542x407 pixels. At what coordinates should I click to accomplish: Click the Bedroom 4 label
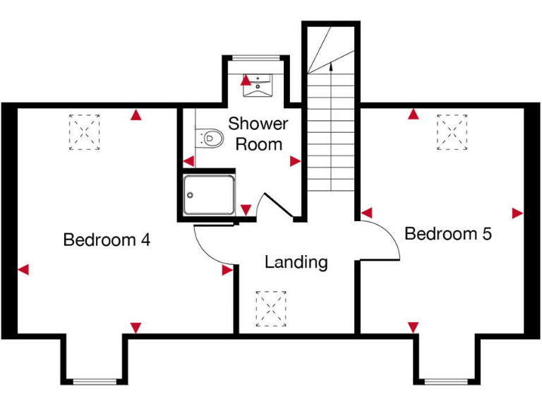pyautogui.click(x=107, y=240)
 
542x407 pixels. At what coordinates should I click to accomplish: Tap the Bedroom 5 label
pyautogui.click(x=448, y=233)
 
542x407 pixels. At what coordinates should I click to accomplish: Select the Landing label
pyautogui.click(x=296, y=262)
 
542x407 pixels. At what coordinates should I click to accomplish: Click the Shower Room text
pyautogui.click(x=259, y=134)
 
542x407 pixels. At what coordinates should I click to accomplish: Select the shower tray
pyautogui.click(x=208, y=195)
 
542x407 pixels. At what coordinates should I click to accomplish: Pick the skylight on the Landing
pyautogui.click(x=271, y=308)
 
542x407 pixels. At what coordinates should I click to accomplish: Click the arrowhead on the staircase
pyautogui.click(x=330, y=68)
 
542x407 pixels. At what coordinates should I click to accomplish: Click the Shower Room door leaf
pyautogui.click(x=278, y=208)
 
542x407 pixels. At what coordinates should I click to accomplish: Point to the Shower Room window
pyautogui.click(x=255, y=57)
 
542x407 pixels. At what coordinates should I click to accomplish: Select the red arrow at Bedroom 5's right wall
pyautogui.click(x=517, y=213)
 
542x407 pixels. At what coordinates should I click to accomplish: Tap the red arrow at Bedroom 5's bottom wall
pyautogui.click(x=413, y=326)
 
